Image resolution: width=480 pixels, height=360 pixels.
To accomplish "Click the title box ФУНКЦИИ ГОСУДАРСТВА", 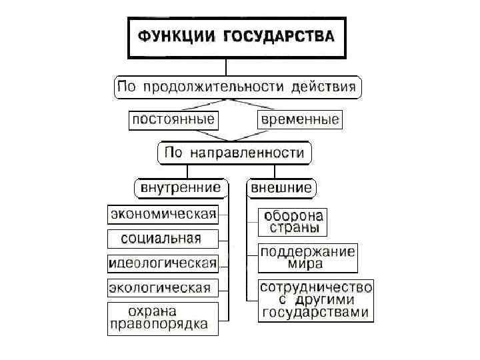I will [x=237, y=36].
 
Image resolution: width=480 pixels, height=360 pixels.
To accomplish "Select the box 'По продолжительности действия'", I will [x=238, y=87].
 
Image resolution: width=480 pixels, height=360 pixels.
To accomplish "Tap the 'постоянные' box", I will [x=173, y=120].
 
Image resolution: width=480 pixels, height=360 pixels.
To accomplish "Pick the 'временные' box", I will [x=299, y=120].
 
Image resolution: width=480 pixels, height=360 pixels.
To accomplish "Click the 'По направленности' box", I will [x=234, y=153].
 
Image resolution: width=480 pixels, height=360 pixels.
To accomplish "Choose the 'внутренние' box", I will [x=180, y=187].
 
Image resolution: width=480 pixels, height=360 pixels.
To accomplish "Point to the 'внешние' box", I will [x=281, y=187].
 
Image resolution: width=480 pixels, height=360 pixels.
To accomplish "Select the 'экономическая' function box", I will [x=163, y=214].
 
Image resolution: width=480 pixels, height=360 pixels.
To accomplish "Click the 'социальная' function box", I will [x=163, y=238].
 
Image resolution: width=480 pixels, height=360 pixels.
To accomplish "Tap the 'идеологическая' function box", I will [x=163, y=263].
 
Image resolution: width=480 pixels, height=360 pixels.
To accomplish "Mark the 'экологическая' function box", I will [x=163, y=287].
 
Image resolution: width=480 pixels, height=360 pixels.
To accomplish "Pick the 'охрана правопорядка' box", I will [x=163, y=319].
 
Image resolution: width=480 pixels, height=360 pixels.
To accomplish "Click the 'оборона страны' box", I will [x=293, y=222].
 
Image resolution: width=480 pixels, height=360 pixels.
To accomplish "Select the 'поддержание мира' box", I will [x=307, y=257].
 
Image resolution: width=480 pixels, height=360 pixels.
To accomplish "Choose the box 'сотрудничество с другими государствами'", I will [x=315, y=300].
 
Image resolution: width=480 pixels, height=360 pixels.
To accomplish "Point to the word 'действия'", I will [x=326, y=87].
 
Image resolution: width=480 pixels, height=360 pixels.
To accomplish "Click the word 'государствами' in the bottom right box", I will [x=315, y=313].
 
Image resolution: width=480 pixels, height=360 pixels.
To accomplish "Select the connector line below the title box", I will [x=227, y=67].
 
